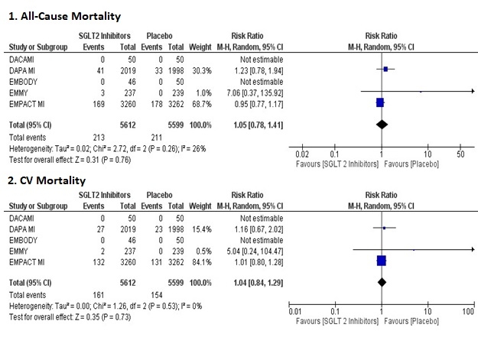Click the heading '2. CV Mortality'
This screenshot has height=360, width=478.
click(46, 180)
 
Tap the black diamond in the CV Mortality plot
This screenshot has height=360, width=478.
click(381, 281)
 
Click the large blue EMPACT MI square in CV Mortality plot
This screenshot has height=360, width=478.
click(381, 261)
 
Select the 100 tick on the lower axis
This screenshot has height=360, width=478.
click(468, 312)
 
